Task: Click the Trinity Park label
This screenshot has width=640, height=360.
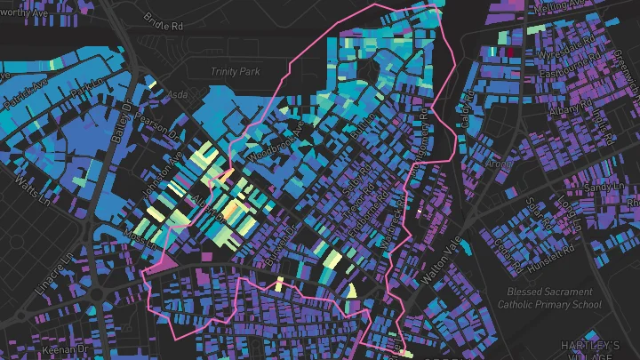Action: [236, 71]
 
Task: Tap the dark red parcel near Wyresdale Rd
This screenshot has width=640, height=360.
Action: [513, 51]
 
